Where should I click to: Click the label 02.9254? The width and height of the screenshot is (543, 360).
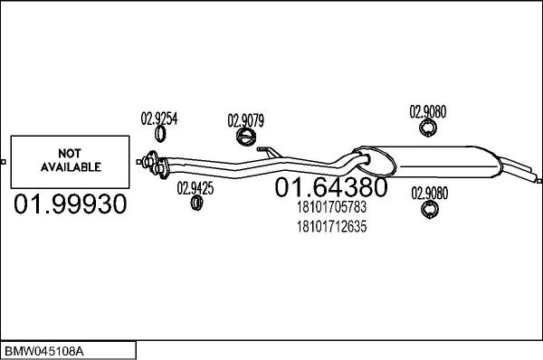tap(158, 117)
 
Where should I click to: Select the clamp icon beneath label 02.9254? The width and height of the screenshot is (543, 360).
tap(161, 135)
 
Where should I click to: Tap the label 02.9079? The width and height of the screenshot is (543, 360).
tap(245, 119)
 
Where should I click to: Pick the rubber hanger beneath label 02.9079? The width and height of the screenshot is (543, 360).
tap(245, 137)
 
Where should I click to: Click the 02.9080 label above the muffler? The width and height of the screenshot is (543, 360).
tap(428, 113)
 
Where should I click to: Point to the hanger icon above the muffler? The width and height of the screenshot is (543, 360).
tap(429, 131)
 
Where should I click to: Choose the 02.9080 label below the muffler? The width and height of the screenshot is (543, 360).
tap(429, 193)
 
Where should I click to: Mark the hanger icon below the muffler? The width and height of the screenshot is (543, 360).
tap(429, 211)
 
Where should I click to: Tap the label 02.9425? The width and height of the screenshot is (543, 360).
tap(195, 188)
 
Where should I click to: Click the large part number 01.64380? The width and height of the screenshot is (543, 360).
tap(330, 188)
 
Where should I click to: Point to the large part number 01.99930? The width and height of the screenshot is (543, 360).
tap(68, 205)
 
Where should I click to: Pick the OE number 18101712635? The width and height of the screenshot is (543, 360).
tap(331, 226)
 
